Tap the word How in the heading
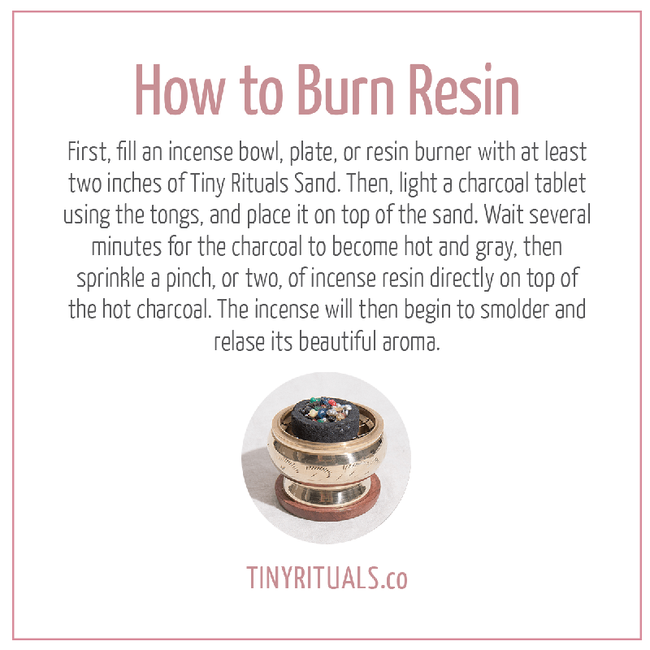(x=180, y=90)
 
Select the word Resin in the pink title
(x=464, y=89)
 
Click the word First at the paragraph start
(x=89, y=152)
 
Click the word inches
(x=134, y=184)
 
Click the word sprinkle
(x=110, y=279)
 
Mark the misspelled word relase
(x=239, y=342)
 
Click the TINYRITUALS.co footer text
(x=327, y=578)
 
